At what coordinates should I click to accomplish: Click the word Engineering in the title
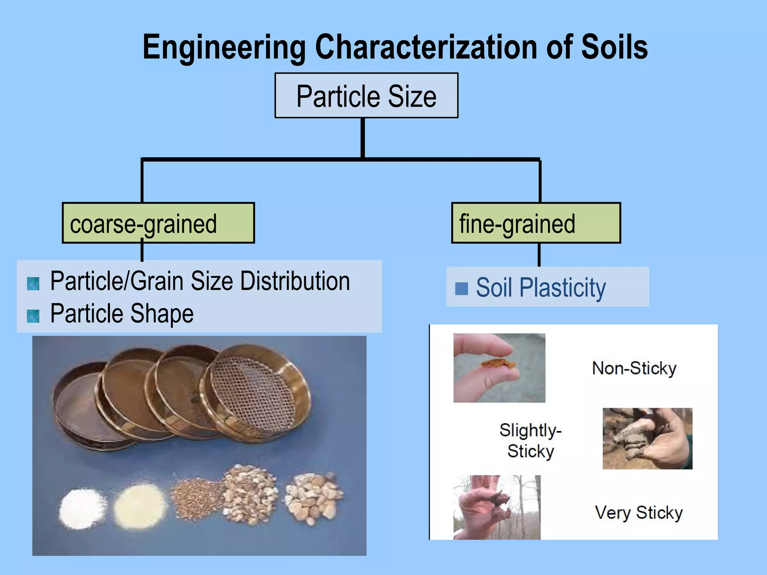pyautogui.click(x=224, y=47)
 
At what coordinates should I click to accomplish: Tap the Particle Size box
pyautogui.click(x=366, y=96)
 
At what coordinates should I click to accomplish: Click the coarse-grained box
pyautogui.click(x=158, y=223)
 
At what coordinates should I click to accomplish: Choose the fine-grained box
pyautogui.click(x=536, y=223)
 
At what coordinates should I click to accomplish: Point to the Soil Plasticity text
pyautogui.click(x=541, y=287)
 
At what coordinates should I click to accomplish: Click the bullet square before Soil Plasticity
pyautogui.click(x=461, y=288)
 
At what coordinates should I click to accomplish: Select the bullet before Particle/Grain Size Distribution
pyautogui.click(x=33, y=284)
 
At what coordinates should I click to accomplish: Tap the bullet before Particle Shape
pyautogui.click(x=33, y=316)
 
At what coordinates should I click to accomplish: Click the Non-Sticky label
pyautogui.click(x=634, y=368)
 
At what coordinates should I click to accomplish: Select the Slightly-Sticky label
pyautogui.click(x=531, y=441)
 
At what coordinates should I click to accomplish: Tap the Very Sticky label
pyautogui.click(x=639, y=512)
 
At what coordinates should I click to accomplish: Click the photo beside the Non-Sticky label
pyautogui.click(x=499, y=368)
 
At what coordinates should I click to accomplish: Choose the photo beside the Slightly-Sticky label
pyautogui.click(x=647, y=438)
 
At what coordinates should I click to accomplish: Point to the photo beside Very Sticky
pyautogui.click(x=497, y=507)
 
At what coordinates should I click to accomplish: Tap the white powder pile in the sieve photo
pyautogui.click(x=82, y=509)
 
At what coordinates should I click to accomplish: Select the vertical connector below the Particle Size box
pyautogui.click(x=363, y=138)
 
